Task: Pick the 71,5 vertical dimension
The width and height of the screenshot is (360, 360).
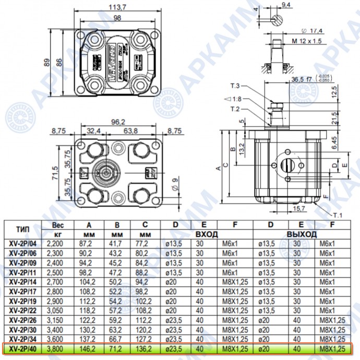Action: pyautogui.click(x=56, y=172)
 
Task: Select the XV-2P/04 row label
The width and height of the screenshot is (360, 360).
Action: pyautogui.click(x=23, y=243)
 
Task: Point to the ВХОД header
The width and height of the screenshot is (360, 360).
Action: pyautogui.click(x=207, y=235)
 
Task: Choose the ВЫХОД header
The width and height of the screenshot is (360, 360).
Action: pyautogui.click(x=302, y=235)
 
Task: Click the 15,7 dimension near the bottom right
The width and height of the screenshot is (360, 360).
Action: pyautogui.click(x=297, y=209)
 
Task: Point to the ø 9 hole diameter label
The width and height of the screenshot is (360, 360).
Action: pyautogui.click(x=175, y=183)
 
